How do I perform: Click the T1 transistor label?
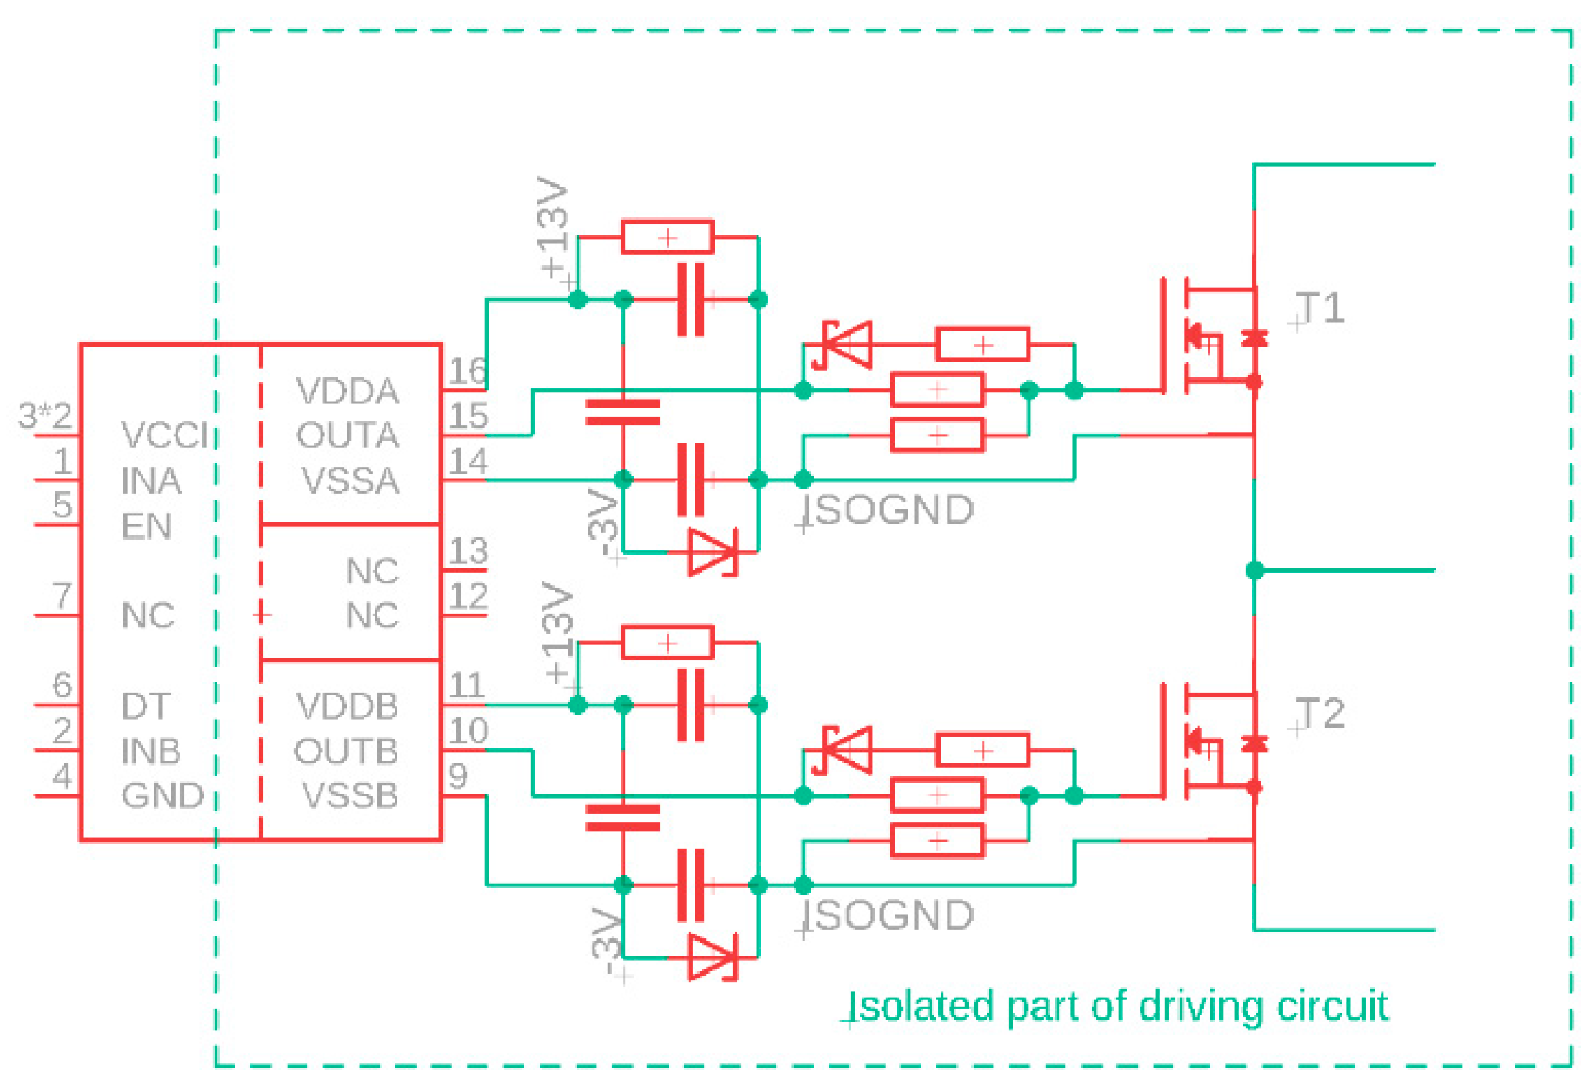tap(1320, 309)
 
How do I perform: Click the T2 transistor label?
tap(1320, 714)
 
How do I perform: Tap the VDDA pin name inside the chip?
tap(347, 391)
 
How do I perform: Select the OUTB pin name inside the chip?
tap(346, 751)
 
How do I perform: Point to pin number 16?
tap(468, 371)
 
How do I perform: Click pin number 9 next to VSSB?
tap(458, 776)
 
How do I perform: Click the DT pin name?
tap(146, 707)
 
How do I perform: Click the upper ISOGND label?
tap(888, 510)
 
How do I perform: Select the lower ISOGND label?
tap(888, 916)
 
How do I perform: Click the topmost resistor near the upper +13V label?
tap(667, 237)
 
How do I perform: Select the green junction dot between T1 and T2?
tap(1254, 570)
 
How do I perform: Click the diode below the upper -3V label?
tap(712, 552)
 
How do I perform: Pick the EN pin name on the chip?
tap(146, 526)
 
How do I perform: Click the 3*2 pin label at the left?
tap(45, 415)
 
